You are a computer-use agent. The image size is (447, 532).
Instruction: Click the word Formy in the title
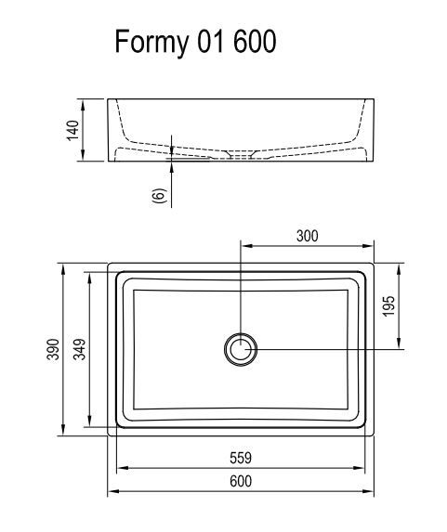(x=151, y=42)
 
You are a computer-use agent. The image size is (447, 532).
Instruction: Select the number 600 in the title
(x=255, y=42)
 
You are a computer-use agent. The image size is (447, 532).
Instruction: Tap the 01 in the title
(x=211, y=42)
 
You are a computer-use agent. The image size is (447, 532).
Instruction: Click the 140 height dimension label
(x=72, y=130)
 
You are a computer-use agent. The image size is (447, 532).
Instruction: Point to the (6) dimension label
(x=159, y=195)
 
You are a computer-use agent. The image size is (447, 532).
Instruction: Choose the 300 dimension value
(x=308, y=236)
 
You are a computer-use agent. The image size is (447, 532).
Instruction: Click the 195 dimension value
(x=388, y=306)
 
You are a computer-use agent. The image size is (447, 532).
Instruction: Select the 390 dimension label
(x=53, y=349)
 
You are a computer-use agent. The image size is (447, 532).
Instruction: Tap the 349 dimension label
(x=80, y=349)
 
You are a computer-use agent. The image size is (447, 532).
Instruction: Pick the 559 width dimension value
(x=241, y=458)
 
